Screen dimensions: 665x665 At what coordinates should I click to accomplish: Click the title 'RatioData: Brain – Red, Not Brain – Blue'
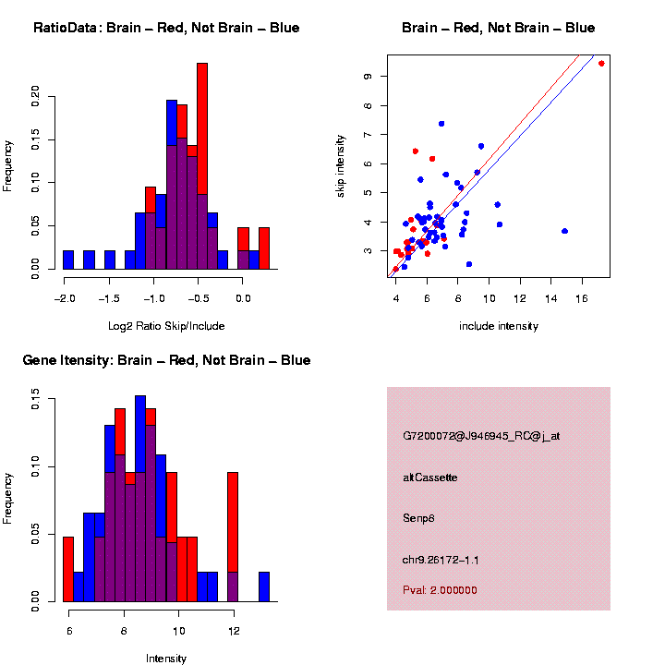pyautogui.click(x=166, y=28)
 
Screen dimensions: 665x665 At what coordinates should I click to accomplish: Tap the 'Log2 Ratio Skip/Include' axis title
pyautogui.click(x=167, y=325)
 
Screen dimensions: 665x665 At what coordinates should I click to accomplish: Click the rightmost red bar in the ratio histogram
pyautogui.click(x=264, y=248)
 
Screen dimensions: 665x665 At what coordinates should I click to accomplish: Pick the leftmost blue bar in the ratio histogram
pyautogui.click(x=68, y=260)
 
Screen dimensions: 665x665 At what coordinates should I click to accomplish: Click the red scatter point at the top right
pyautogui.click(x=601, y=64)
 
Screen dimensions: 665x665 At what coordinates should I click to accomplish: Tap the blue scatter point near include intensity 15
pyautogui.click(x=564, y=231)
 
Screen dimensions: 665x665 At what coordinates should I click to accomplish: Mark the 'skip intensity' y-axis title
pyautogui.click(x=341, y=165)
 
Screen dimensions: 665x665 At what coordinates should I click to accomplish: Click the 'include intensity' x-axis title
pyautogui.click(x=499, y=325)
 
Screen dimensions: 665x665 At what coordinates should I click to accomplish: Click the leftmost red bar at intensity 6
pyautogui.click(x=68, y=569)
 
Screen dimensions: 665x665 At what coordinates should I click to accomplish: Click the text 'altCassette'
pyautogui.click(x=430, y=478)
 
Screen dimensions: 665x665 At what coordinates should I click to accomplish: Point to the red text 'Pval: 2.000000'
pyautogui.click(x=440, y=590)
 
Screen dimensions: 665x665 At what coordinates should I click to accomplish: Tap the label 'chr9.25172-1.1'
pyautogui.click(x=441, y=560)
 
